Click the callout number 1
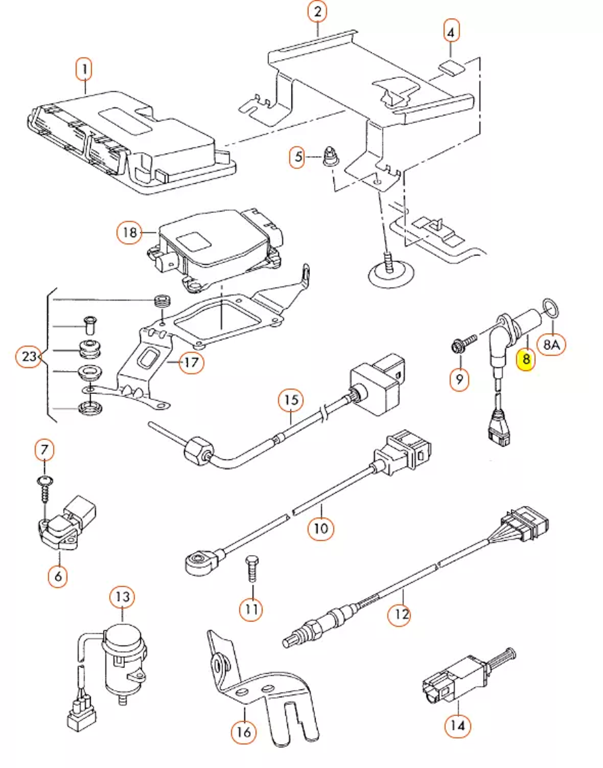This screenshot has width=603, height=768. click(x=84, y=69)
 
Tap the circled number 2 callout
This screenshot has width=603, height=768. click(x=317, y=11)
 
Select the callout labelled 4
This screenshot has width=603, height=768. click(x=451, y=31)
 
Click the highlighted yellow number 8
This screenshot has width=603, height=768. click(x=526, y=360)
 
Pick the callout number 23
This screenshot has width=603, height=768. click(x=29, y=356)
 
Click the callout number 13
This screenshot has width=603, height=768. click(x=122, y=597)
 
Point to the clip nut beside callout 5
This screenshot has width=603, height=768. click(x=329, y=156)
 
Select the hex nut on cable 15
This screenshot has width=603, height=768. click(x=197, y=450)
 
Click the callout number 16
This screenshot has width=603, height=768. click(x=244, y=732)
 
